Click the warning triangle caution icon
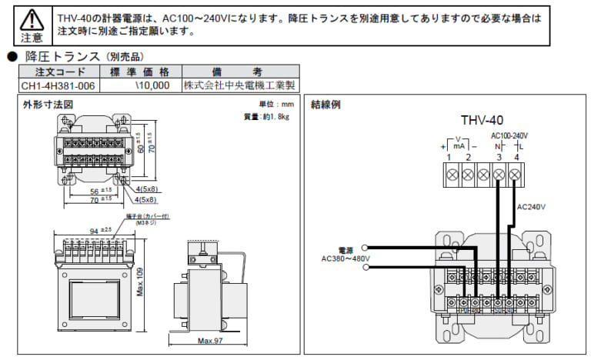(32, 19)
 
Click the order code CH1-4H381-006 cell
(58, 85)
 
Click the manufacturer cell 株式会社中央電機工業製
(240, 85)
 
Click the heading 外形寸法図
(48, 104)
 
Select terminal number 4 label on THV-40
(516, 158)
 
